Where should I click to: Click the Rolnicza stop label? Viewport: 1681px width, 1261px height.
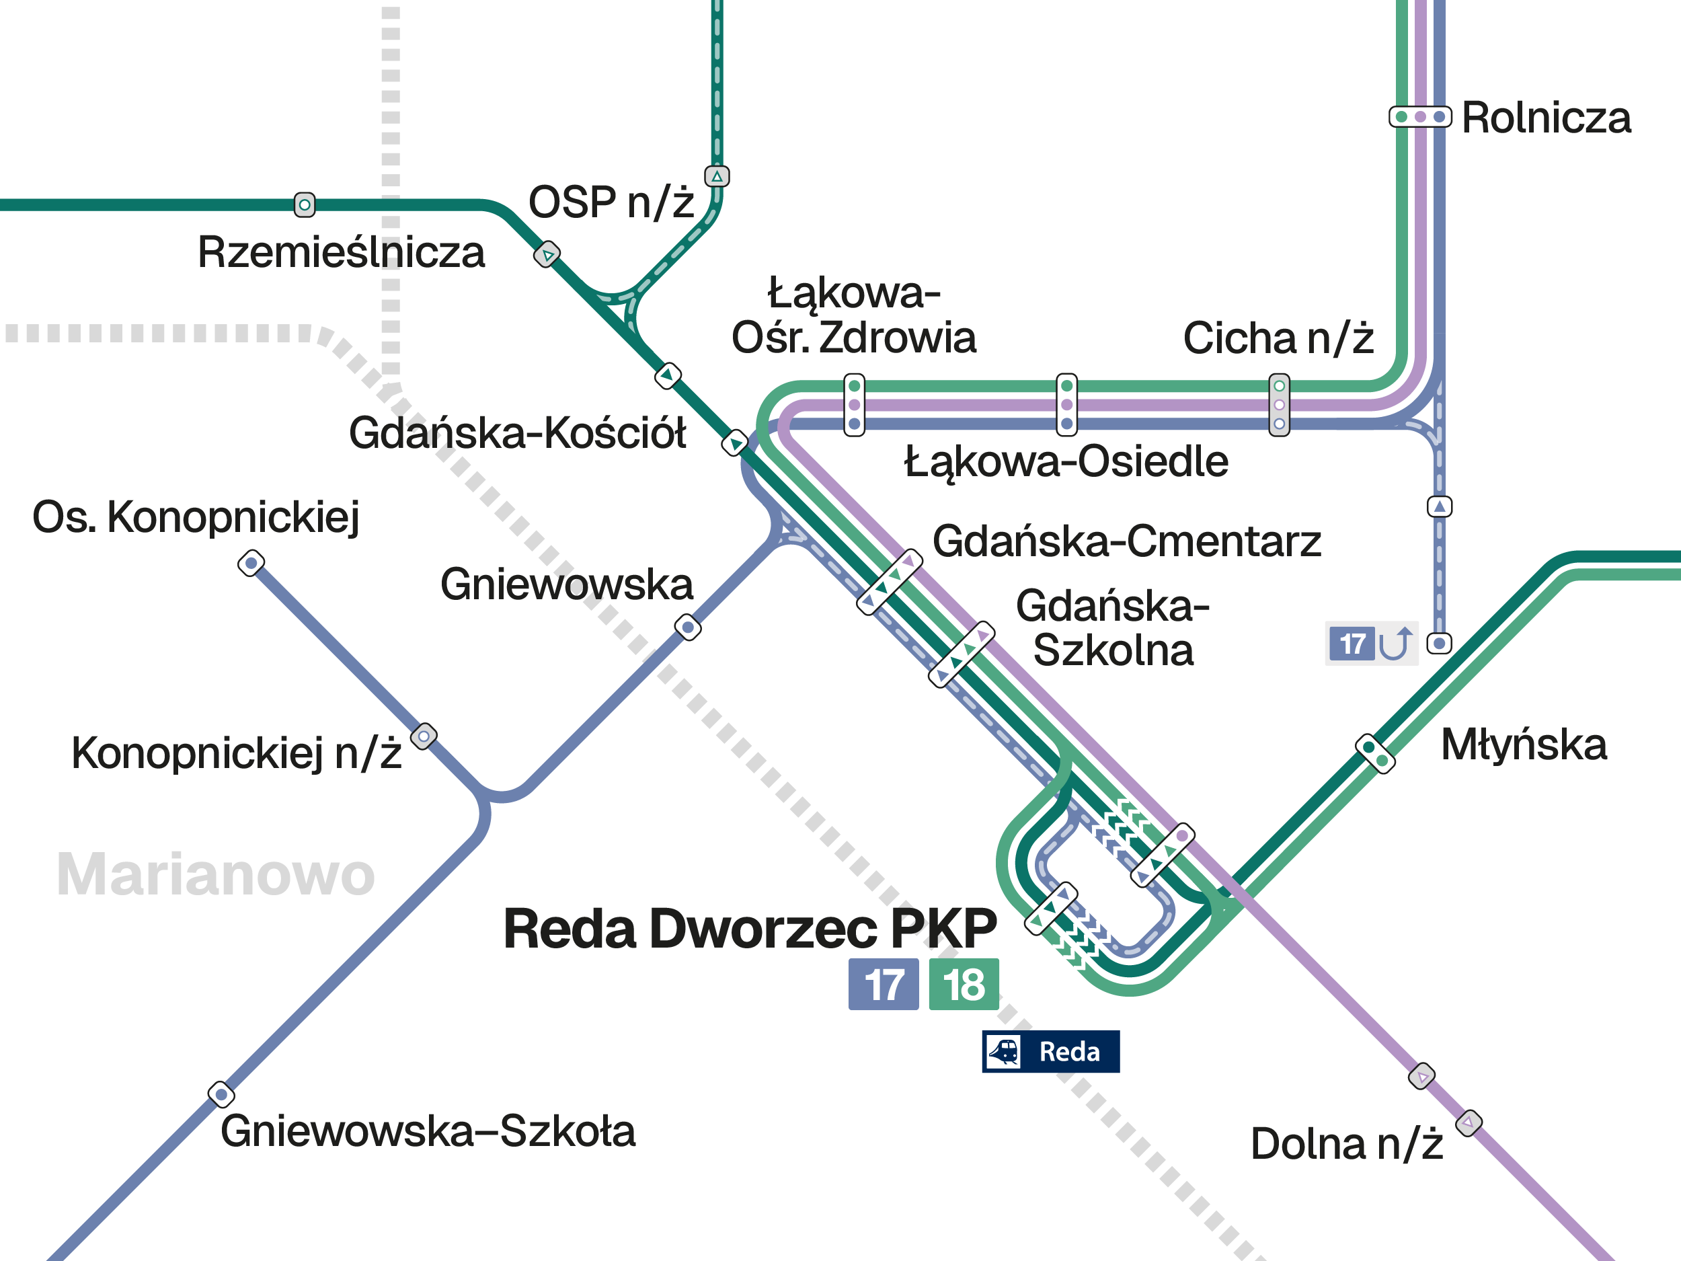(x=1546, y=118)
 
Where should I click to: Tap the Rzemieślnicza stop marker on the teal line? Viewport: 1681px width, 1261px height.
(x=305, y=204)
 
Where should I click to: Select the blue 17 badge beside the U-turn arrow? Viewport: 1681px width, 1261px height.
(x=1351, y=644)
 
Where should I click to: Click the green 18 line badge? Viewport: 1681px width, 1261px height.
(x=964, y=985)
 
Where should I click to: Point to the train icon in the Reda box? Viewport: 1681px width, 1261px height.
(x=1004, y=1052)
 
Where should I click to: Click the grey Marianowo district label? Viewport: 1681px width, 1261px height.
(x=216, y=874)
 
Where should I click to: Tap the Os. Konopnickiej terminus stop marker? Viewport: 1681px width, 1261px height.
(x=251, y=563)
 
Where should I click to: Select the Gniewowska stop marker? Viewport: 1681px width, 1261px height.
(x=688, y=627)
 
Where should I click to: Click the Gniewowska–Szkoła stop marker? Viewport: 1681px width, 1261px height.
(x=221, y=1094)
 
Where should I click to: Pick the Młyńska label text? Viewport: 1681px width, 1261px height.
(x=1524, y=745)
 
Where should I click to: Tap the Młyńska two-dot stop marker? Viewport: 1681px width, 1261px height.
(x=1375, y=754)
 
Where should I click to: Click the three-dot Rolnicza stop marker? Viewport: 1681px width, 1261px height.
(x=1419, y=117)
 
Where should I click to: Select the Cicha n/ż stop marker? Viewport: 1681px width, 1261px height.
(x=1279, y=404)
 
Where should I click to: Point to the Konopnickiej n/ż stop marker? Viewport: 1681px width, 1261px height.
(x=424, y=736)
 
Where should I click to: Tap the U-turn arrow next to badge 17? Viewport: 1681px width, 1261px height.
(x=1395, y=644)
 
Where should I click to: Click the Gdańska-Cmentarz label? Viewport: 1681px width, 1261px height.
(x=1126, y=541)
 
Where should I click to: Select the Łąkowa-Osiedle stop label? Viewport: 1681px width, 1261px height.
(x=1066, y=461)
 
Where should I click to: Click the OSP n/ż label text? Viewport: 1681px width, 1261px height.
(x=611, y=202)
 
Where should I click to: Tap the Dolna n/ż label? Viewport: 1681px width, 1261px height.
(x=1346, y=1144)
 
